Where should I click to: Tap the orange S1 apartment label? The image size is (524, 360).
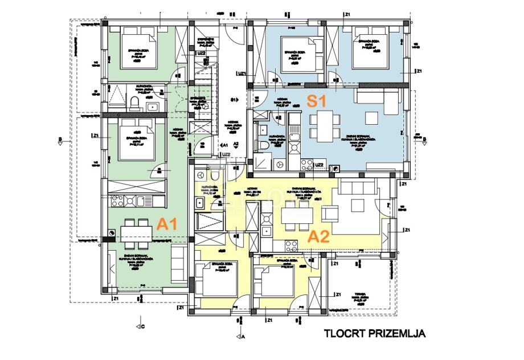point(317,101)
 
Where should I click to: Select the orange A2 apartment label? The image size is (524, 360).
point(319,236)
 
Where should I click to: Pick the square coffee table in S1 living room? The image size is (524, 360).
point(370,117)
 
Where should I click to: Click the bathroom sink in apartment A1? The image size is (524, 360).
point(153,107)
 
